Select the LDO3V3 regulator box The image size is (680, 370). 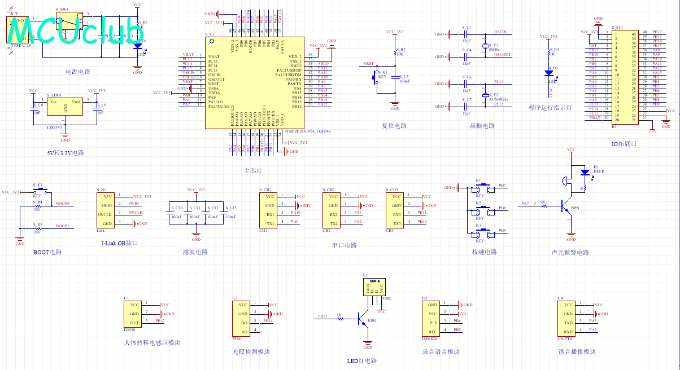65,107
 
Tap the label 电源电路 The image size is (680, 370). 78,72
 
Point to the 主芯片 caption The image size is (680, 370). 253,170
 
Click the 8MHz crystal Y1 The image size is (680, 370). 485,47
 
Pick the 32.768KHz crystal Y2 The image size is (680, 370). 485,96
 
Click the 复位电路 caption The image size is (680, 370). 394,126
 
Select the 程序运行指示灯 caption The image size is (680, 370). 550,107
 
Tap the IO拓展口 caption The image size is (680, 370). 624,144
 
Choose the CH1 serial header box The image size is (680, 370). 270,210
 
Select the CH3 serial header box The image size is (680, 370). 397,210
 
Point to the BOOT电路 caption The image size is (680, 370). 47,252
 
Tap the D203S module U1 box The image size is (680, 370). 134,313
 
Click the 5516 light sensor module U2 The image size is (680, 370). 243,318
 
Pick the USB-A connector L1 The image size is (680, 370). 373,287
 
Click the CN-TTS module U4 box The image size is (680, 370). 568,318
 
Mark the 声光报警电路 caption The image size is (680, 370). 570,252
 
